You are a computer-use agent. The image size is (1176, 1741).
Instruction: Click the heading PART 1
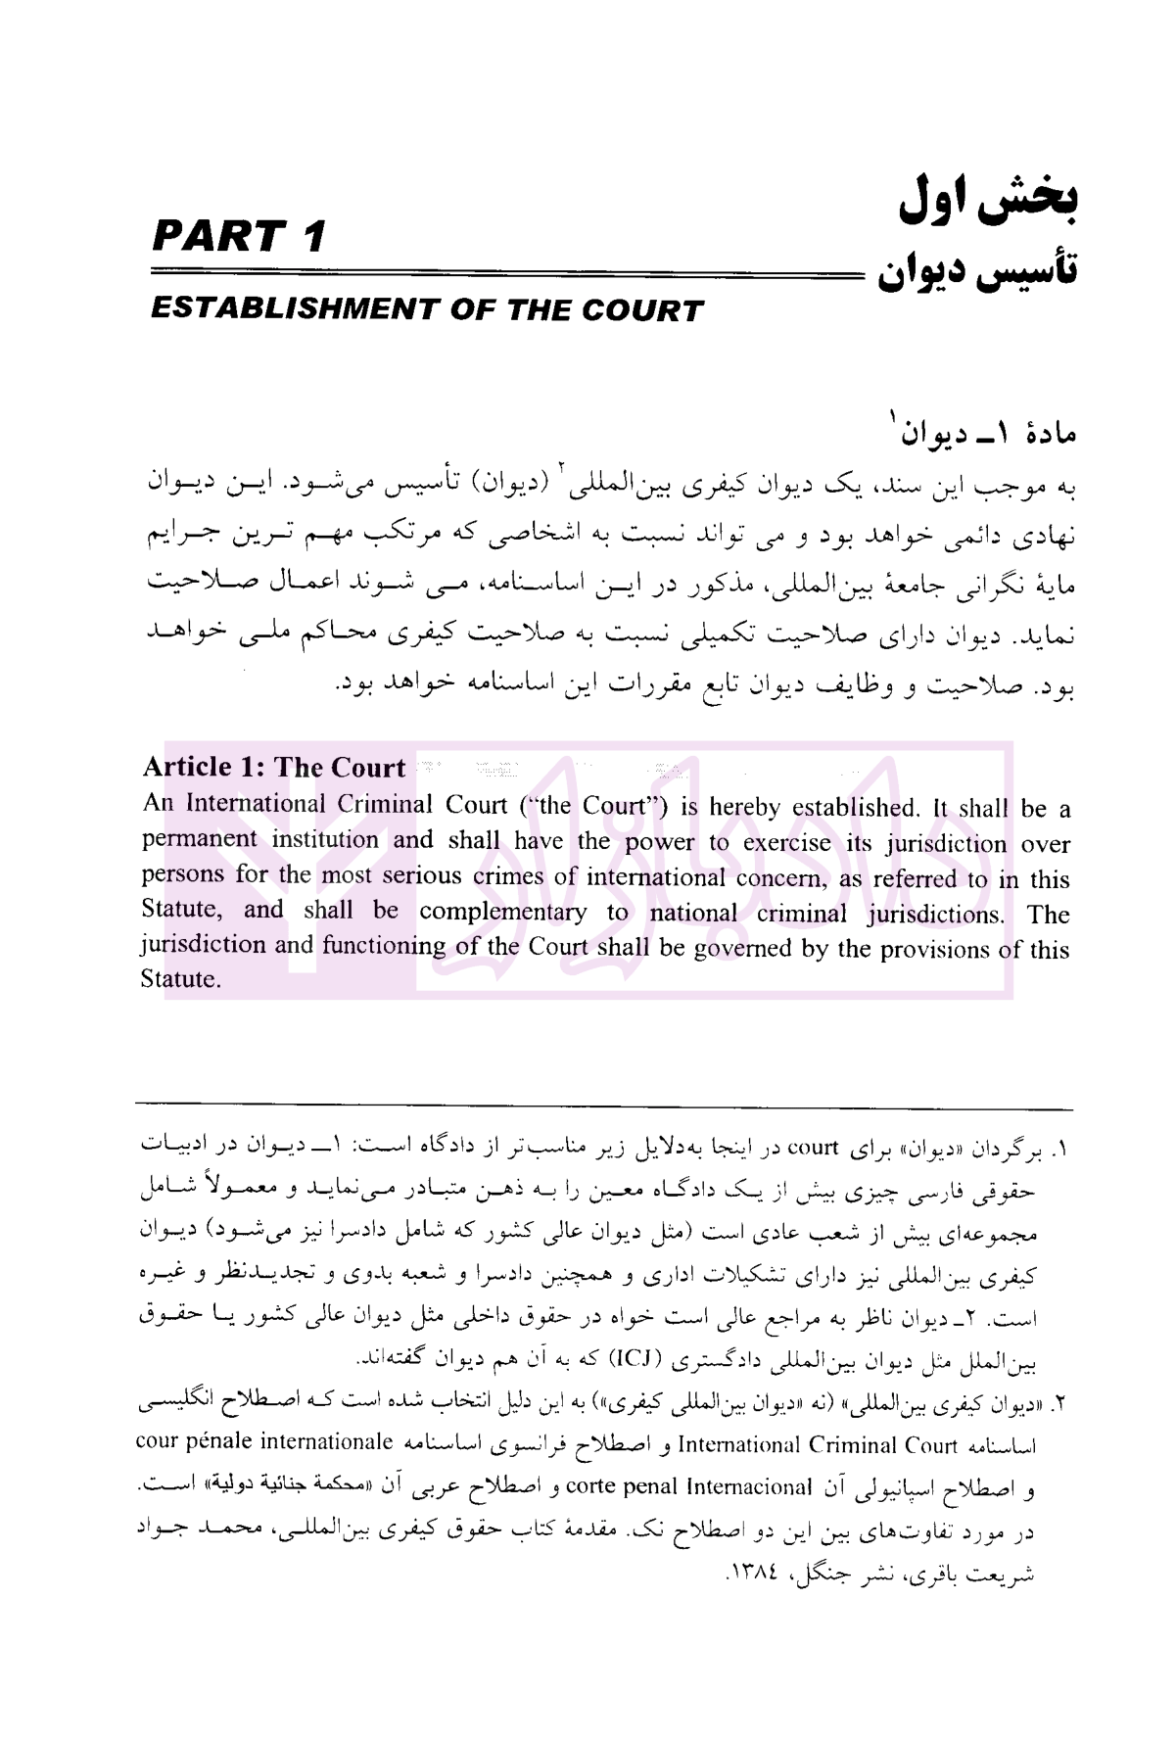click(239, 238)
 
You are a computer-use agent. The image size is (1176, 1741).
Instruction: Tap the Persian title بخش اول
click(989, 203)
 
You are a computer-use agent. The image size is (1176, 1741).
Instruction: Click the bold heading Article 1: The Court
click(273, 768)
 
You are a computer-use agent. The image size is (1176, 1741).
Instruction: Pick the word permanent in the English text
click(200, 840)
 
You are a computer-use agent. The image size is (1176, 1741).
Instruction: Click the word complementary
click(503, 912)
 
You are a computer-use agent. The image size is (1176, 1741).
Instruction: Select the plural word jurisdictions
click(935, 915)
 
